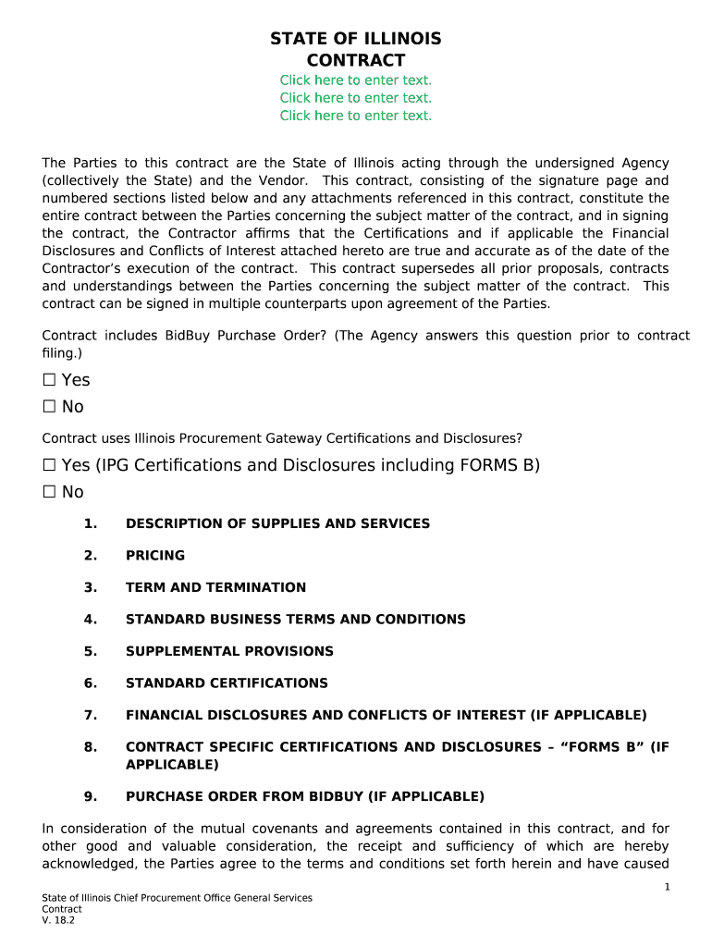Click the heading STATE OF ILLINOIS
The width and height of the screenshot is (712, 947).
(x=356, y=39)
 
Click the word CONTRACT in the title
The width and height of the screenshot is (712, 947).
(x=356, y=61)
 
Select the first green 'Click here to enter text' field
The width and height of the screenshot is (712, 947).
(x=356, y=80)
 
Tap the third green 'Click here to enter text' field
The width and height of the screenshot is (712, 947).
(x=356, y=116)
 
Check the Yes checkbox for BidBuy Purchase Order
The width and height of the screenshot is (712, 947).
(x=49, y=380)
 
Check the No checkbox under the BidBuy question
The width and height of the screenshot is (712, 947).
(x=49, y=407)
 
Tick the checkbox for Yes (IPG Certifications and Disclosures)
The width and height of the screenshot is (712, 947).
(x=49, y=465)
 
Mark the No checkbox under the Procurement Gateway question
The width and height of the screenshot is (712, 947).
(x=49, y=492)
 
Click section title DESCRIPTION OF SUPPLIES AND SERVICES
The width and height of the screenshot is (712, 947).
(x=277, y=523)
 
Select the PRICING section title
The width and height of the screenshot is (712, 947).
(x=155, y=556)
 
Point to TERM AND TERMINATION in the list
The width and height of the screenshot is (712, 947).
(x=215, y=587)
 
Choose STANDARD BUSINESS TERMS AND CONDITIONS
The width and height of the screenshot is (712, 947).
(x=296, y=620)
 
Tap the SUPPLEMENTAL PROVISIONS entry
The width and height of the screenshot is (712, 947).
(x=229, y=651)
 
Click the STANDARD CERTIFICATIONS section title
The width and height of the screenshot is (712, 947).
(x=227, y=683)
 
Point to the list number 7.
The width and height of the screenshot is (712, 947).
(x=90, y=715)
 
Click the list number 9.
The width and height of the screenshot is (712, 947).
(x=90, y=796)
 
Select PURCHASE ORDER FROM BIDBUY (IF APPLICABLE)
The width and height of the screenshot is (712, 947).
(x=305, y=796)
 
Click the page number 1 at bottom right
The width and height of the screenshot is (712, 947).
(x=667, y=888)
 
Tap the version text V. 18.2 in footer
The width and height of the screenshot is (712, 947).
(x=57, y=920)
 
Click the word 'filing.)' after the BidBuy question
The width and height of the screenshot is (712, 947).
(x=62, y=353)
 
